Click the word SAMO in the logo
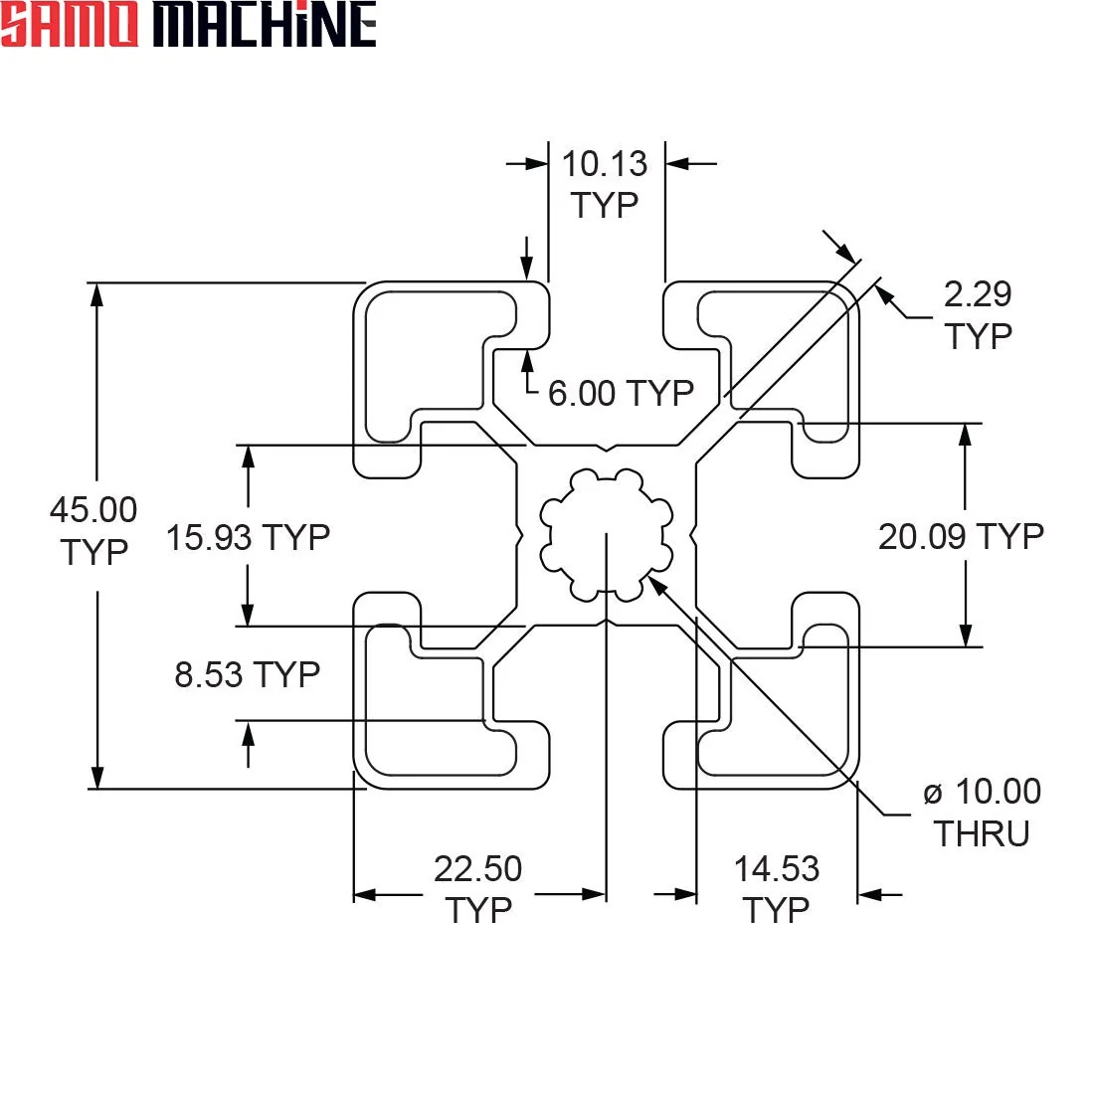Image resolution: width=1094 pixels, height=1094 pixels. pyautogui.click(x=69, y=24)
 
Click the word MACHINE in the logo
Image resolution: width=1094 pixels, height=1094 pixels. pyautogui.click(x=265, y=24)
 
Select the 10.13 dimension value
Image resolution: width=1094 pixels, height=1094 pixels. pyautogui.click(x=605, y=164)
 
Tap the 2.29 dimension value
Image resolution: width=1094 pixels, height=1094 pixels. pyautogui.click(x=978, y=293)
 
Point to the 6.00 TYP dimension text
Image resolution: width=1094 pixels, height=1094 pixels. pyautogui.click(x=621, y=393)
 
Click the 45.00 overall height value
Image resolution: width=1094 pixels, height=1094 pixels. pyautogui.click(x=93, y=509)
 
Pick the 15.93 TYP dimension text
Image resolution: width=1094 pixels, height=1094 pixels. pyautogui.click(x=248, y=537)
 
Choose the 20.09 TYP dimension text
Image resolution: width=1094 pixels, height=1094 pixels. pyautogui.click(x=961, y=536)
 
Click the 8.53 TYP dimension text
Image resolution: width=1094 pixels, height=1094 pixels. pyautogui.click(x=247, y=674)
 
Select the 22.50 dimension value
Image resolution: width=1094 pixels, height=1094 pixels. pyautogui.click(x=478, y=868)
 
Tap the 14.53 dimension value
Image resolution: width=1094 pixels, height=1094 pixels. pyautogui.click(x=777, y=868)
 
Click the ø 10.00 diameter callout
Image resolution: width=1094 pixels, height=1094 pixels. pyautogui.click(x=982, y=792)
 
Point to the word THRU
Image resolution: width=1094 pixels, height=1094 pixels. pyautogui.click(x=982, y=833)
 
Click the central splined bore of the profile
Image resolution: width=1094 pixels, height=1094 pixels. pyautogui.click(x=607, y=534)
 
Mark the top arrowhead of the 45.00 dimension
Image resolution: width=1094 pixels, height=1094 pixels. pyautogui.click(x=97, y=295)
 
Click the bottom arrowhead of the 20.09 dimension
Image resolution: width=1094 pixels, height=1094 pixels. pyautogui.click(x=966, y=635)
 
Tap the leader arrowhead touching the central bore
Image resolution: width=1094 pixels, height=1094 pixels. pyautogui.click(x=657, y=586)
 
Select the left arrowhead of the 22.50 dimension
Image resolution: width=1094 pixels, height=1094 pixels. pyautogui.click(x=366, y=894)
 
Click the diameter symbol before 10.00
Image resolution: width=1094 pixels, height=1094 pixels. pyautogui.click(x=932, y=794)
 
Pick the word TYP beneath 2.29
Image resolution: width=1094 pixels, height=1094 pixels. pyautogui.click(x=979, y=336)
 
